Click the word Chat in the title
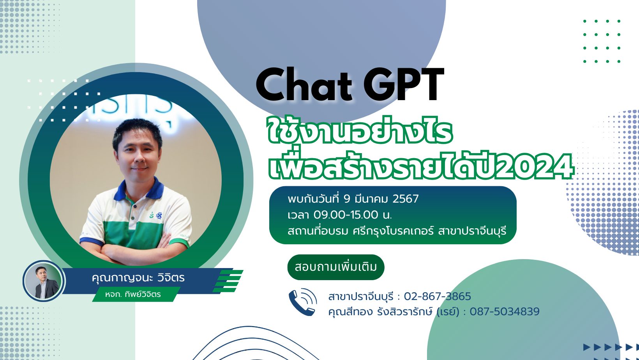coord(304,85)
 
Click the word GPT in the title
coord(404,85)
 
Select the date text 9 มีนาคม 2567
coord(381,199)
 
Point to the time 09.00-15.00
coord(346,215)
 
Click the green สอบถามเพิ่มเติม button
coord(336,267)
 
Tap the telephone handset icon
coord(303,302)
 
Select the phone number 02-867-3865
coord(437,296)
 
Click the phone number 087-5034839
coord(504,312)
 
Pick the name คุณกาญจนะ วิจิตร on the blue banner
coord(138,277)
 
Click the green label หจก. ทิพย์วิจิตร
coord(133,294)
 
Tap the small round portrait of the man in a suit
coord(44,281)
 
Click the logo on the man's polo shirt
coord(156,215)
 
